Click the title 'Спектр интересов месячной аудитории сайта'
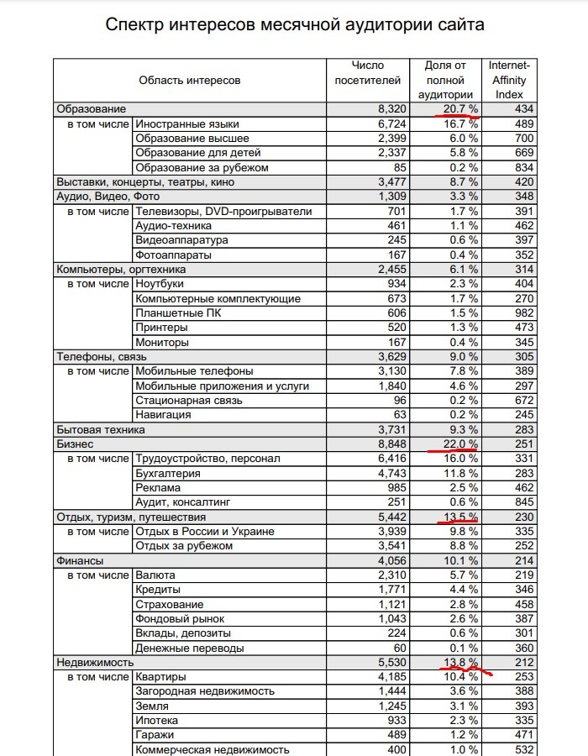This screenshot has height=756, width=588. point(295,24)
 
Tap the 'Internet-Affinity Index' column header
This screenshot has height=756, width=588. point(509,80)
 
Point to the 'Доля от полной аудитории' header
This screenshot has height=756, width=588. point(444,80)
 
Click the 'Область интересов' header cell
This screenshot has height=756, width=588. point(190,81)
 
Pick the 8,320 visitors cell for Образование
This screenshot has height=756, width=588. point(391,109)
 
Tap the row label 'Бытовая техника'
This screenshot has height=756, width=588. point(100,429)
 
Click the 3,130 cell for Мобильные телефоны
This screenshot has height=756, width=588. point(391,371)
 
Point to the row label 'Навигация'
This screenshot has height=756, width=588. point(163,414)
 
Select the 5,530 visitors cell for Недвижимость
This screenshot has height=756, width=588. point(391,662)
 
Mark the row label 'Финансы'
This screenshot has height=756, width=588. point(80,560)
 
